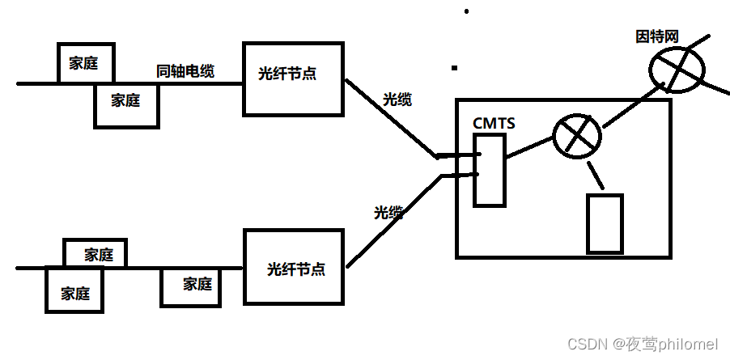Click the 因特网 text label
pyautogui.click(x=656, y=36)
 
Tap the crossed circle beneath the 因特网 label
pyautogui.click(x=677, y=67)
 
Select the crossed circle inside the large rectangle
pyautogui.click(x=576, y=136)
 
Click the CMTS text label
pyautogui.click(x=494, y=123)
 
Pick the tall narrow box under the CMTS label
pyautogui.click(x=490, y=169)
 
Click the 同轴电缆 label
pyautogui.click(x=185, y=71)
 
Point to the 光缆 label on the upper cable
pyautogui.click(x=397, y=100)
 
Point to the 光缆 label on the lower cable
pyautogui.click(x=388, y=213)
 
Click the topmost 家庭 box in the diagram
pyautogui.click(x=85, y=63)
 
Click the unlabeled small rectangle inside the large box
pyautogui.click(x=605, y=223)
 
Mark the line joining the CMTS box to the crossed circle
pyautogui.click(x=528, y=146)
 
